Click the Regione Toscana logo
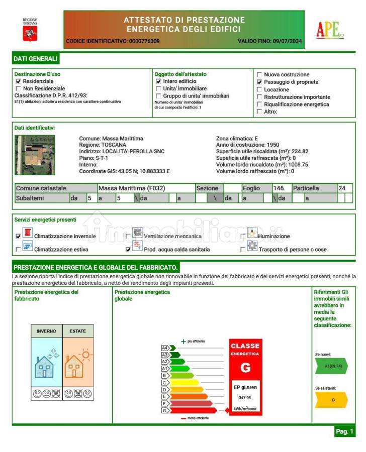coord(30,30)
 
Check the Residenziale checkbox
coord(19,81)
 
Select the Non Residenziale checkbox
coord(19,88)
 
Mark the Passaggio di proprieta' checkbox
coord(259,82)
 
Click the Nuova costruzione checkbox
coord(259,75)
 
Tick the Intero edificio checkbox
coord(158,81)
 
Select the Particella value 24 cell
coord(342,188)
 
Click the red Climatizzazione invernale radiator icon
coord(28,234)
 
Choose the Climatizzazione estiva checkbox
coord(19,249)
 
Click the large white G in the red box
coord(245,368)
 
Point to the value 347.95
coord(245,398)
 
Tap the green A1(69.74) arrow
coord(331,366)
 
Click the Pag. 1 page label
coord(344,431)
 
